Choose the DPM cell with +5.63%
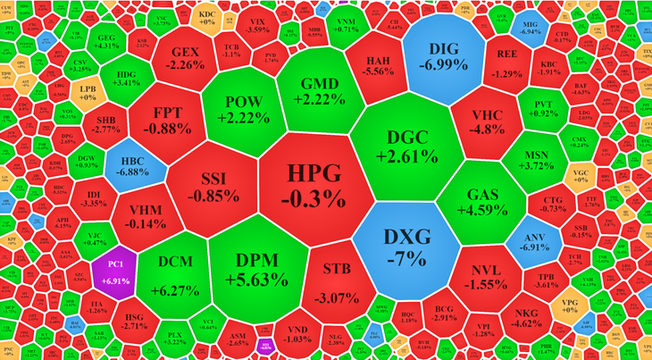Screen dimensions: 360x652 [x=255, y=268]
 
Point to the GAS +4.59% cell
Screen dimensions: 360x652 [x=488, y=201]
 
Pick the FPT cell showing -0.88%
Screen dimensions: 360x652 [x=171, y=120]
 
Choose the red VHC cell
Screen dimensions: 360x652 [x=487, y=121]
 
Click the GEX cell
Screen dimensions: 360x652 [x=189, y=58]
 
